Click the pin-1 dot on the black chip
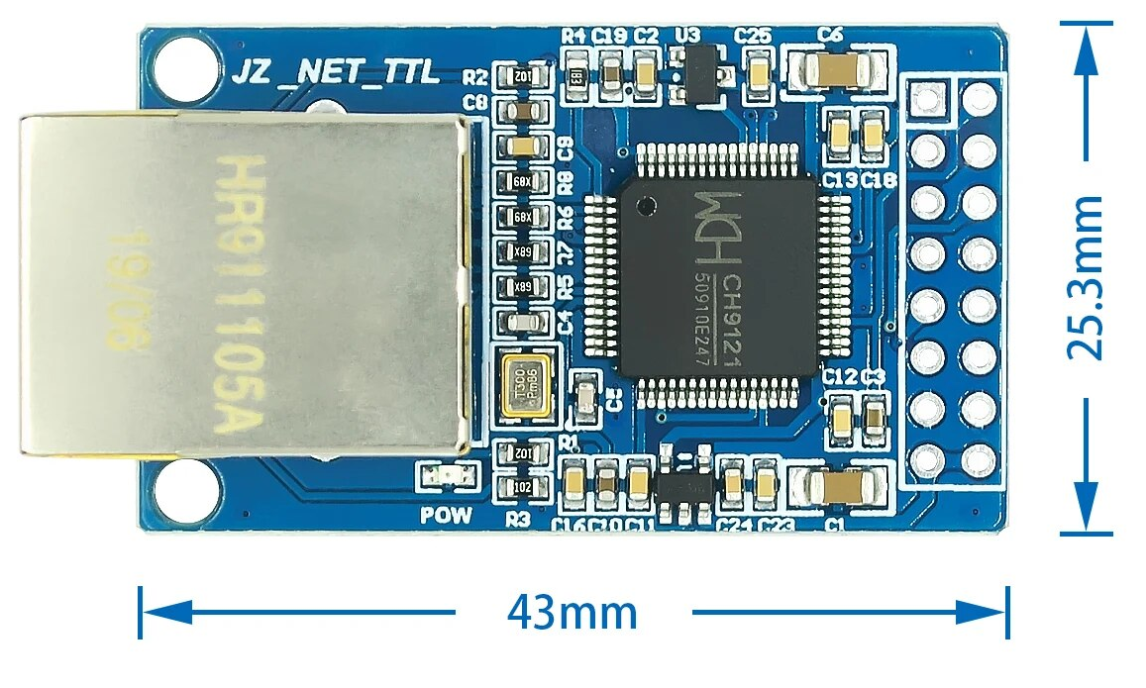[x=648, y=207]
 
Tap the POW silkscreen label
[x=446, y=516]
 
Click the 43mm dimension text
[x=573, y=613]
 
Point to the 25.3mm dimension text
[x=1086, y=278]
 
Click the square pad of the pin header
[x=927, y=99]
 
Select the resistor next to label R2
[x=522, y=77]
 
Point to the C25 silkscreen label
[x=753, y=35]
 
